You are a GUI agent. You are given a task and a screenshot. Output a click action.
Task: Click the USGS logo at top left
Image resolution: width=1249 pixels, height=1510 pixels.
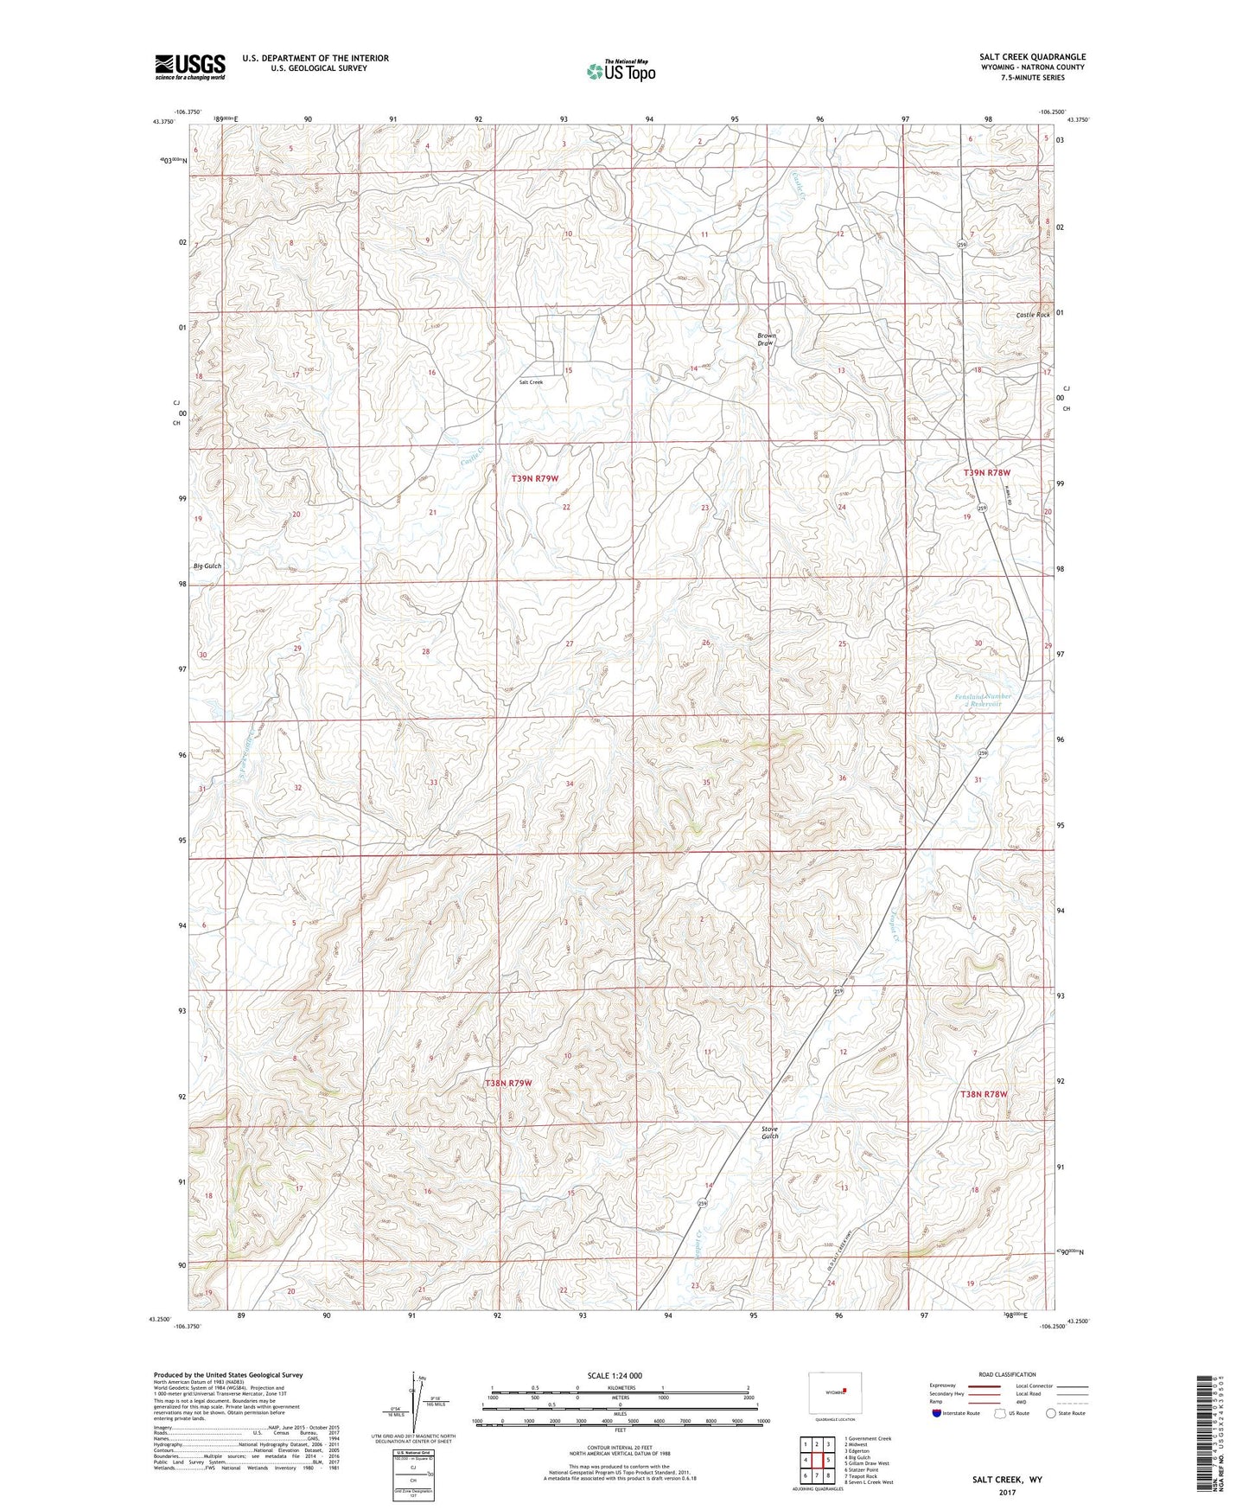pyautogui.click(x=190, y=67)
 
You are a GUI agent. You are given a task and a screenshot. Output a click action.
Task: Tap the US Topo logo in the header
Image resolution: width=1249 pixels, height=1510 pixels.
pyautogui.click(x=620, y=71)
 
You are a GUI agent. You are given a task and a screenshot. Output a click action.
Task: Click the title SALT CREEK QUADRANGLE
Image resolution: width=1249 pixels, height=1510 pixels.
pyautogui.click(x=1027, y=57)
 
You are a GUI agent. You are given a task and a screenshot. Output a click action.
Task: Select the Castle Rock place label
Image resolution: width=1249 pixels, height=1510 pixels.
pyautogui.click(x=1033, y=315)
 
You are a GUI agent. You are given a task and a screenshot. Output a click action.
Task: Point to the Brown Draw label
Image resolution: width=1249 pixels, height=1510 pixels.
pyautogui.click(x=766, y=339)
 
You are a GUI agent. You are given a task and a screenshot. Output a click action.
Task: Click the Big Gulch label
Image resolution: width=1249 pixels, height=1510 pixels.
pyautogui.click(x=207, y=566)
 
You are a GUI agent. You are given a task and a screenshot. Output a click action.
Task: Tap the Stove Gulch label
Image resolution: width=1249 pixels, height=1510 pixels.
pyautogui.click(x=769, y=1132)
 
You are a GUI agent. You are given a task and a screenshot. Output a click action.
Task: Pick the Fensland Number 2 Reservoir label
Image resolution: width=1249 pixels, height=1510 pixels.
pyautogui.click(x=982, y=700)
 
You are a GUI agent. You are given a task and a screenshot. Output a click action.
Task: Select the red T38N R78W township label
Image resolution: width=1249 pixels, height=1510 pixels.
pyautogui.click(x=984, y=1094)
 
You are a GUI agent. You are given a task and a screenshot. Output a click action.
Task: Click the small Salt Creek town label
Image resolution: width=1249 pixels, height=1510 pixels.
pyautogui.click(x=531, y=381)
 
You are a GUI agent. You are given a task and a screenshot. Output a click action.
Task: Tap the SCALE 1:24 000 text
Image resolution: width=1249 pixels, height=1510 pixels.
pyautogui.click(x=615, y=1375)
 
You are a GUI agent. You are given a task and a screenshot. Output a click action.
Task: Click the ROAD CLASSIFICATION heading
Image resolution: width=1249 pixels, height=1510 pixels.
pyautogui.click(x=1008, y=1374)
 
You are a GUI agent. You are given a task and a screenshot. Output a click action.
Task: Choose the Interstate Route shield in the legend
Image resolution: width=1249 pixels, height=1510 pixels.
pyautogui.click(x=938, y=1413)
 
